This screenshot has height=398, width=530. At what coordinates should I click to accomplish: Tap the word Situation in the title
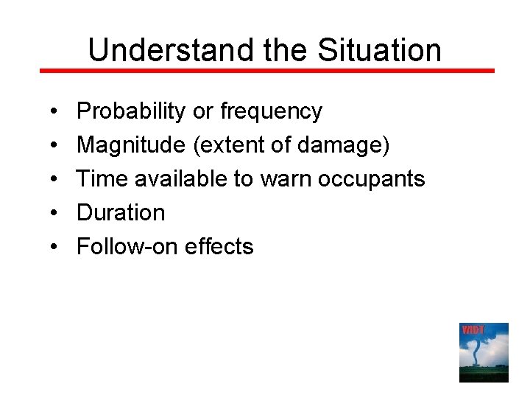[379, 50]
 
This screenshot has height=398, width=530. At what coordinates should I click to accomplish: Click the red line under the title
[266, 71]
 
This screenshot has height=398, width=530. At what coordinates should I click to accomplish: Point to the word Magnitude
[130, 145]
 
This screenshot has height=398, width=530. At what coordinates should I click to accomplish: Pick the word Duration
[121, 212]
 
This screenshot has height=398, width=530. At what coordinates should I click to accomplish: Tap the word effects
[219, 246]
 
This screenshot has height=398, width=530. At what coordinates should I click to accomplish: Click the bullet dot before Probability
[56, 112]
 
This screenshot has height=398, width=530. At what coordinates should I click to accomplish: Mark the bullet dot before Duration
[56, 213]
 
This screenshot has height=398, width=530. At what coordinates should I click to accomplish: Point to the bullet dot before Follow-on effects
[56, 247]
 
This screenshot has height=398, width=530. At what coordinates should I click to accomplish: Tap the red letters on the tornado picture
[473, 329]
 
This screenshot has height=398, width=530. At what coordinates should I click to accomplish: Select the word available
[176, 178]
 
